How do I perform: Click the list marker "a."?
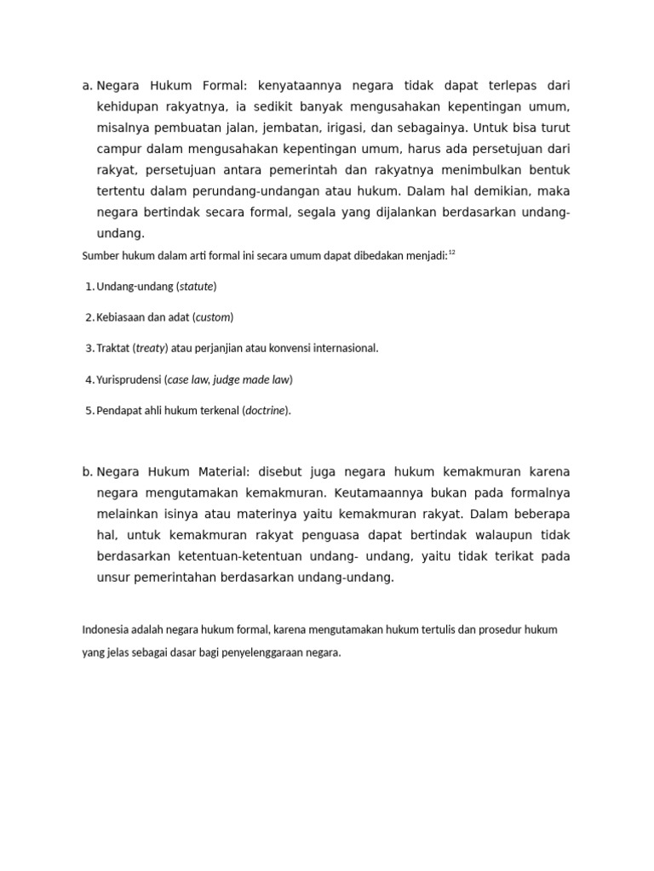[87, 86]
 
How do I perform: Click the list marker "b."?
[87, 472]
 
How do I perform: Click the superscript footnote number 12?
[452, 253]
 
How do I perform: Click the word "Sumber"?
[99, 255]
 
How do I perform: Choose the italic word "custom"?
[214, 317]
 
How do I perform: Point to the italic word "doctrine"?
[266, 411]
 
